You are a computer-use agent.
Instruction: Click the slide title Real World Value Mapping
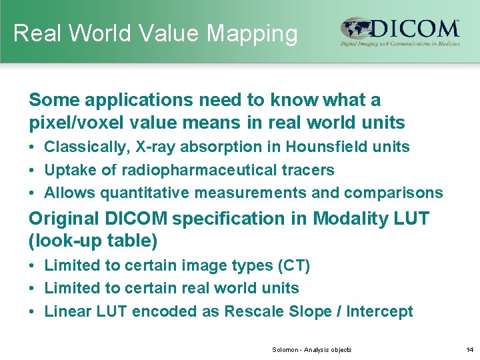(155, 33)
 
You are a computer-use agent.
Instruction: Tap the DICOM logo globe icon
(356, 29)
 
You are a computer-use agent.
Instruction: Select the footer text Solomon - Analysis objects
(311, 349)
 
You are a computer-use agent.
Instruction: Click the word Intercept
(380, 311)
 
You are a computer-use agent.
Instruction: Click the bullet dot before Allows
(33, 193)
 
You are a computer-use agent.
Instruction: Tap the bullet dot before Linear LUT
(33, 311)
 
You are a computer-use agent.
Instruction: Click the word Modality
(345, 218)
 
